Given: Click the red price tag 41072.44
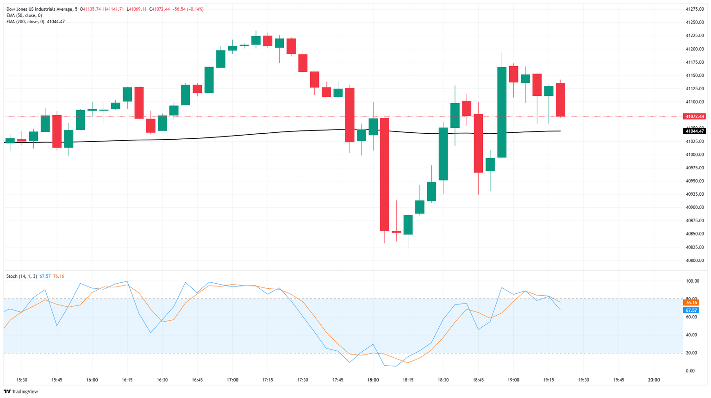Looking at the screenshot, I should pyautogui.click(x=695, y=117).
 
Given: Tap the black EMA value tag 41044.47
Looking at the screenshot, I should pyautogui.click(x=695, y=131).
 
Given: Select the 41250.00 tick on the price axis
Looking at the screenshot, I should pyautogui.click(x=695, y=22).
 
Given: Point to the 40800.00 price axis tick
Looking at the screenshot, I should pyautogui.click(x=695, y=261).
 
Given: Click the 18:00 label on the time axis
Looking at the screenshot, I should pyautogui.click(x=373, y=380).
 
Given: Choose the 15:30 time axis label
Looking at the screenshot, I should pyautogui.click(x=22, y=380).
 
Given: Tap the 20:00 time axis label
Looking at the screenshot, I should pyautogui.click(x=654, y=380).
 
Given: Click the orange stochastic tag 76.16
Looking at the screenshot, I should pyautogui.click(x=691, y=303).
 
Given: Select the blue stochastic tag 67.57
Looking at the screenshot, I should pyautogui.click(x=691, y=311).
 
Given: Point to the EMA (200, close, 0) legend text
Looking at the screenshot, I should pyautogui.click(x=25, y=22).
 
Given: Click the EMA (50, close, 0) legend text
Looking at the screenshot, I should pyautogui.click(x=24, y=15).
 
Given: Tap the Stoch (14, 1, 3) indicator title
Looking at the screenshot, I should pyautogui.click(x=21, y=276).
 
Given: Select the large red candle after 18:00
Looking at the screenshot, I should pyautogui.click(x=385, y=174).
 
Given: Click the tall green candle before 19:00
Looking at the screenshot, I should pyautogui.click(x=502, y=112).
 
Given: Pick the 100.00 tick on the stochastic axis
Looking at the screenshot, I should pyautogui.click(x=693, y=281).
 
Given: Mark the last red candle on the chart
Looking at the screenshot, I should pyautogui.click(x=560, y=99).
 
